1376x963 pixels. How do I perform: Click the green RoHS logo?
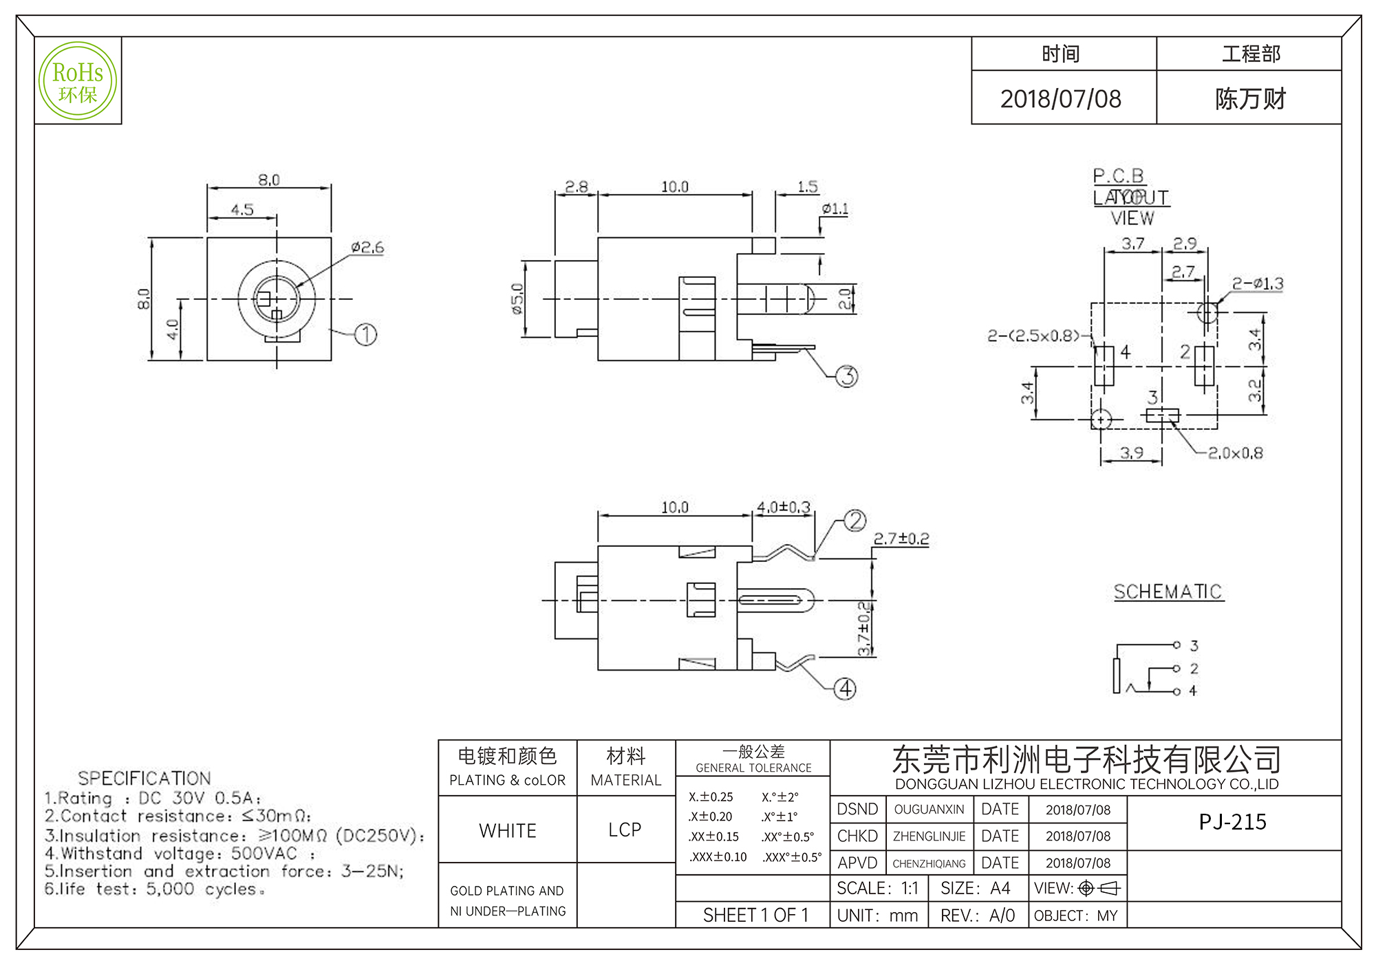(x=78, y=80)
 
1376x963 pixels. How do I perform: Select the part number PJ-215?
(x=1232, y=822)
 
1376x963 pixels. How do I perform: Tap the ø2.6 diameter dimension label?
(x=367, y=248)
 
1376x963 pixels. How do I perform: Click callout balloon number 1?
(x=365, y=335)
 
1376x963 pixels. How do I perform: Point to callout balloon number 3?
(x=847, y=376)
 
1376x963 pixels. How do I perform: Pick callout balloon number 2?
(x=854, y=521)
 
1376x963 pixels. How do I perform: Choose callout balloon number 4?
(x=845, y=689)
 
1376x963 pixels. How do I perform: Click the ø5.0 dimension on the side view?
(x=517, y=299)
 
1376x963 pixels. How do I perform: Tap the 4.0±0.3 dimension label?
(x=784, y=507)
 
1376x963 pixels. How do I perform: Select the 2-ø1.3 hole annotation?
(x=1257, y=283)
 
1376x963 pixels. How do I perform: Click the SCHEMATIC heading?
(x=1168, y=592)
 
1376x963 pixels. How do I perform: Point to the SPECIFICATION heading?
(x=144, y=778)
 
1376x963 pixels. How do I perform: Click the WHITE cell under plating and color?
(x=507, y=830)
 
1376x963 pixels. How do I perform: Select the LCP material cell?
(x=625, y=830)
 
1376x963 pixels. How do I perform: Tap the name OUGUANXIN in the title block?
(x=929, y=810)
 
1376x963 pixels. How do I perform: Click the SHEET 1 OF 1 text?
(x=755, y=915)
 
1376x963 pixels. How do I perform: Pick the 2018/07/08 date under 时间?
(x=1060, y=99)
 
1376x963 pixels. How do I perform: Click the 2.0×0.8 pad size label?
(x=1235, y=453)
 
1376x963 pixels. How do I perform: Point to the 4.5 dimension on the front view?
(x=242, y=209)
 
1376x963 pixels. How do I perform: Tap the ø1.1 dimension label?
(x=835, y=208)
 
